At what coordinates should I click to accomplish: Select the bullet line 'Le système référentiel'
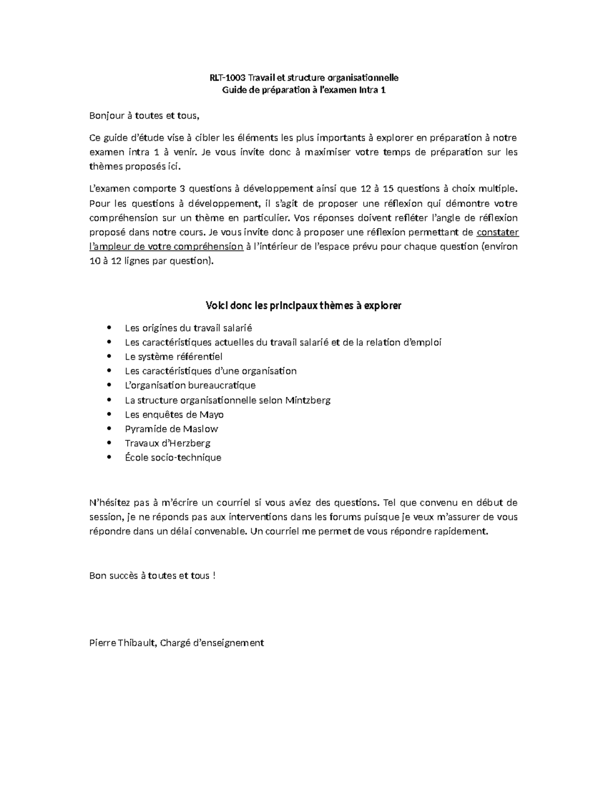173,357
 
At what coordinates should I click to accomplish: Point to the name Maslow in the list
200,429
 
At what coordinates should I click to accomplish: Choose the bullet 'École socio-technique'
173,458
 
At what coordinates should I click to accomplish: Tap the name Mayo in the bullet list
212,415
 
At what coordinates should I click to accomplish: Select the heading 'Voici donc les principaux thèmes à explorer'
303,306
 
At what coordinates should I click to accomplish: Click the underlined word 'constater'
498,233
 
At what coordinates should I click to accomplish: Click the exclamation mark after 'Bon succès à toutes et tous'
214,576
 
